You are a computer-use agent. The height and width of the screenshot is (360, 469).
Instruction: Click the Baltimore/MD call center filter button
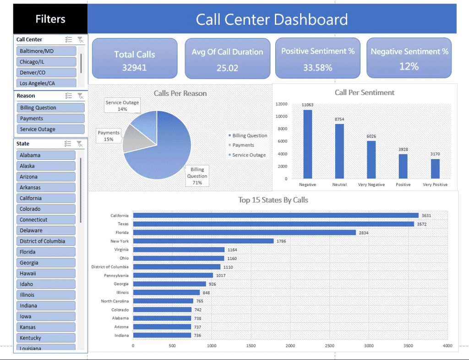tap(46, 51)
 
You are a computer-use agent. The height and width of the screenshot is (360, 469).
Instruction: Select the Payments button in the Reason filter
tap(50, 119)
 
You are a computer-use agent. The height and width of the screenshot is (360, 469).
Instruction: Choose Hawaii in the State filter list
tap(46, 273)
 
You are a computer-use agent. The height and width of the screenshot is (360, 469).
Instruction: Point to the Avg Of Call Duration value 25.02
tap(227, 68)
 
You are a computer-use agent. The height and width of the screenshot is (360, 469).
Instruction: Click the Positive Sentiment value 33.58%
tap(317, 68)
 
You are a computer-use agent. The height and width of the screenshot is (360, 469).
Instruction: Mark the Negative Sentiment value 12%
tap(409, 66)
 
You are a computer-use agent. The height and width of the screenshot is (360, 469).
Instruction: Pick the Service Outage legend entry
tap(249, 155)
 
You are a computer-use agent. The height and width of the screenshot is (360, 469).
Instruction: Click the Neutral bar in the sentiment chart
tap(339, 151)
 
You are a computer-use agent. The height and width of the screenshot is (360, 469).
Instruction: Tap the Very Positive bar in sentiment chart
tap(435, 169)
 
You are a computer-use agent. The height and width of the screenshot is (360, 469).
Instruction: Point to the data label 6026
tap(371, 136)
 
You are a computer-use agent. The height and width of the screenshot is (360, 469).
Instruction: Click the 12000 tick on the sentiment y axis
tap(282, 104)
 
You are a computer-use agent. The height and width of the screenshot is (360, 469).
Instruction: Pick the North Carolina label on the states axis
tap(115, 301)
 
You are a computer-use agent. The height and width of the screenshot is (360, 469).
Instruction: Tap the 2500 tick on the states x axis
tap(330, 346)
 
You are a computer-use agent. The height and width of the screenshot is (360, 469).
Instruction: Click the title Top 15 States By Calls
tap(273, 200)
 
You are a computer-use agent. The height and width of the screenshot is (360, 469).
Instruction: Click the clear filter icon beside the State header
tap(80, 144)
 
